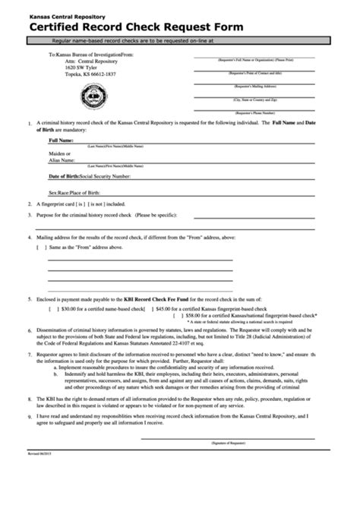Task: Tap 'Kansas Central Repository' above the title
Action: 67,14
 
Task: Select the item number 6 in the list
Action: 29,332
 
